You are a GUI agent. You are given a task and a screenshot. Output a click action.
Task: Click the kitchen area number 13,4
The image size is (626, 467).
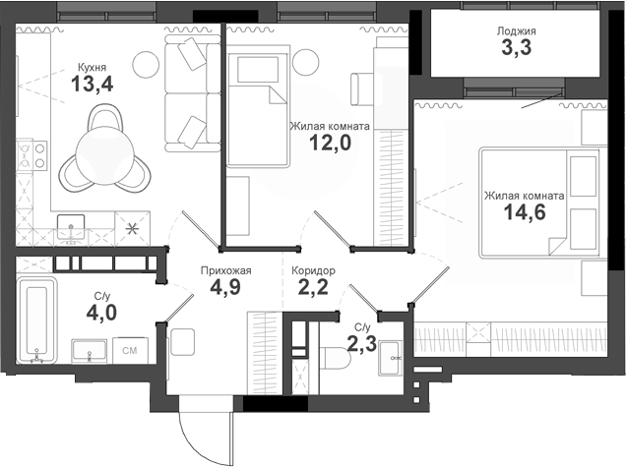click(92, 85)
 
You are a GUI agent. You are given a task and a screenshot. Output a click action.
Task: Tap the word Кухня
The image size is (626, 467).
click(94, 68)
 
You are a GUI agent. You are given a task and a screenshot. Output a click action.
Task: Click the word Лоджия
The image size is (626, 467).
click(517, 29)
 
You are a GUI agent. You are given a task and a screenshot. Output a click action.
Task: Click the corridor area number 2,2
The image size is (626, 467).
click(312, 288)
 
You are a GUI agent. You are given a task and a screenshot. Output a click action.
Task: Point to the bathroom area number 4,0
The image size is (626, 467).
click(101, 312)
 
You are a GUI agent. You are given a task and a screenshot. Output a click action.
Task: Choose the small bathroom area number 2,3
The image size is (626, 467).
click(361, 342)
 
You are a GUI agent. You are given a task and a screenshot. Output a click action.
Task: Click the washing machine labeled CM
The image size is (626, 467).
click(129, 349)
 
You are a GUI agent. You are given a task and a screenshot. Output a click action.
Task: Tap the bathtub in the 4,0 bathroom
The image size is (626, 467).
click(38, 320)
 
